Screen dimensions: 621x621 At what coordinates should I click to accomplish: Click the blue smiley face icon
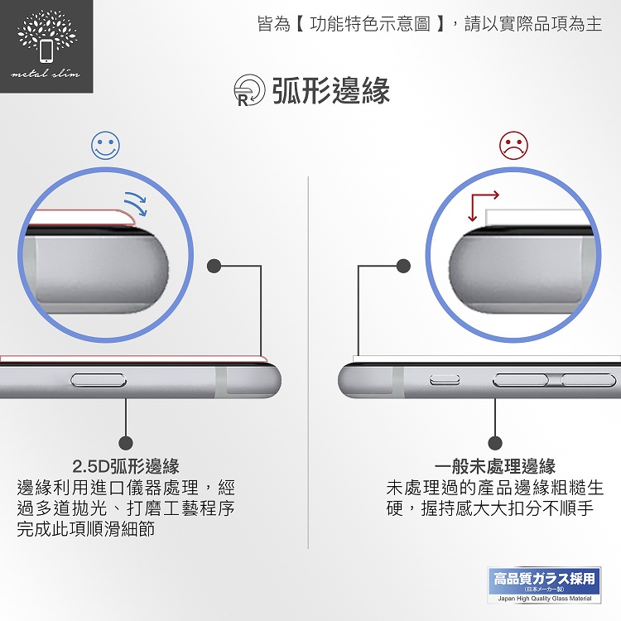pyautogui.click(x=105, y=146)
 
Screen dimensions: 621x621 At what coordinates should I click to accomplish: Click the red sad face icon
pyautogui.click(x=513, y=146)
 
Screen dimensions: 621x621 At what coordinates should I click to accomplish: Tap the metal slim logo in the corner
pyautogui.click(x=46, y=46)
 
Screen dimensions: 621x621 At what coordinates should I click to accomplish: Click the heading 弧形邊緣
pyautogui.click(x=331, y=91)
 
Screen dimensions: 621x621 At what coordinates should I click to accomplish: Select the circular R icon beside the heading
pyautogui.click(x=249, y=90)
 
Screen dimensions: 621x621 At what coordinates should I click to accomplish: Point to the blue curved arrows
pyautogui.click(x=136, y=204)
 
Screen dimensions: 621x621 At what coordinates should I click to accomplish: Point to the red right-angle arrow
pyautogui.click(x=484, y=205)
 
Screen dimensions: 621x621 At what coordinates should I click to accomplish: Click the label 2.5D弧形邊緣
pyautogui.click(x=126, y=466)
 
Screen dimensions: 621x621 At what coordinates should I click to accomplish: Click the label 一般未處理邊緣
pyautogui.click(x=495, y=466)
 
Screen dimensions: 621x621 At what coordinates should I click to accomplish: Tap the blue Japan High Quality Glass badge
pyautogui.click(x=544, y=585)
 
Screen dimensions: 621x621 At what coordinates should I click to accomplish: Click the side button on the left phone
pyautogui.click(x=99, y=380)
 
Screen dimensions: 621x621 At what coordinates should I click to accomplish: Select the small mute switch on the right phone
pyautogui.click(x=445, y=380)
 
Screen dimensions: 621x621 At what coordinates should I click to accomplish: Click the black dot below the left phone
pyautogui.click(x=126, y=443)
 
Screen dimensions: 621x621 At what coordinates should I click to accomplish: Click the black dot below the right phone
pyautogui.click(x=495, y=443)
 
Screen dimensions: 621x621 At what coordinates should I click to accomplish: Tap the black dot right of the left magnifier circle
pyautogui.click(x=214, y=266)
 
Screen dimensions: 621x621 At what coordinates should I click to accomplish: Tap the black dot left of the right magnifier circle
pyautogui.click(x=403, y=266)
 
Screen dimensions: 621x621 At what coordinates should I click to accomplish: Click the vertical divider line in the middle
pyautogui.click(x=308, y=363)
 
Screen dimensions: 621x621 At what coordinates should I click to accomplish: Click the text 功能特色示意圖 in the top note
pyautogui.click(x=370, y=24)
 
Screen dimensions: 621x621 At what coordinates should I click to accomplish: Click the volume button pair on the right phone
pyautogui.click(x=555, y=380)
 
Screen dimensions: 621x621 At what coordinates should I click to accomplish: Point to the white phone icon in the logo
pyautogui.click(x=46, y=51)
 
